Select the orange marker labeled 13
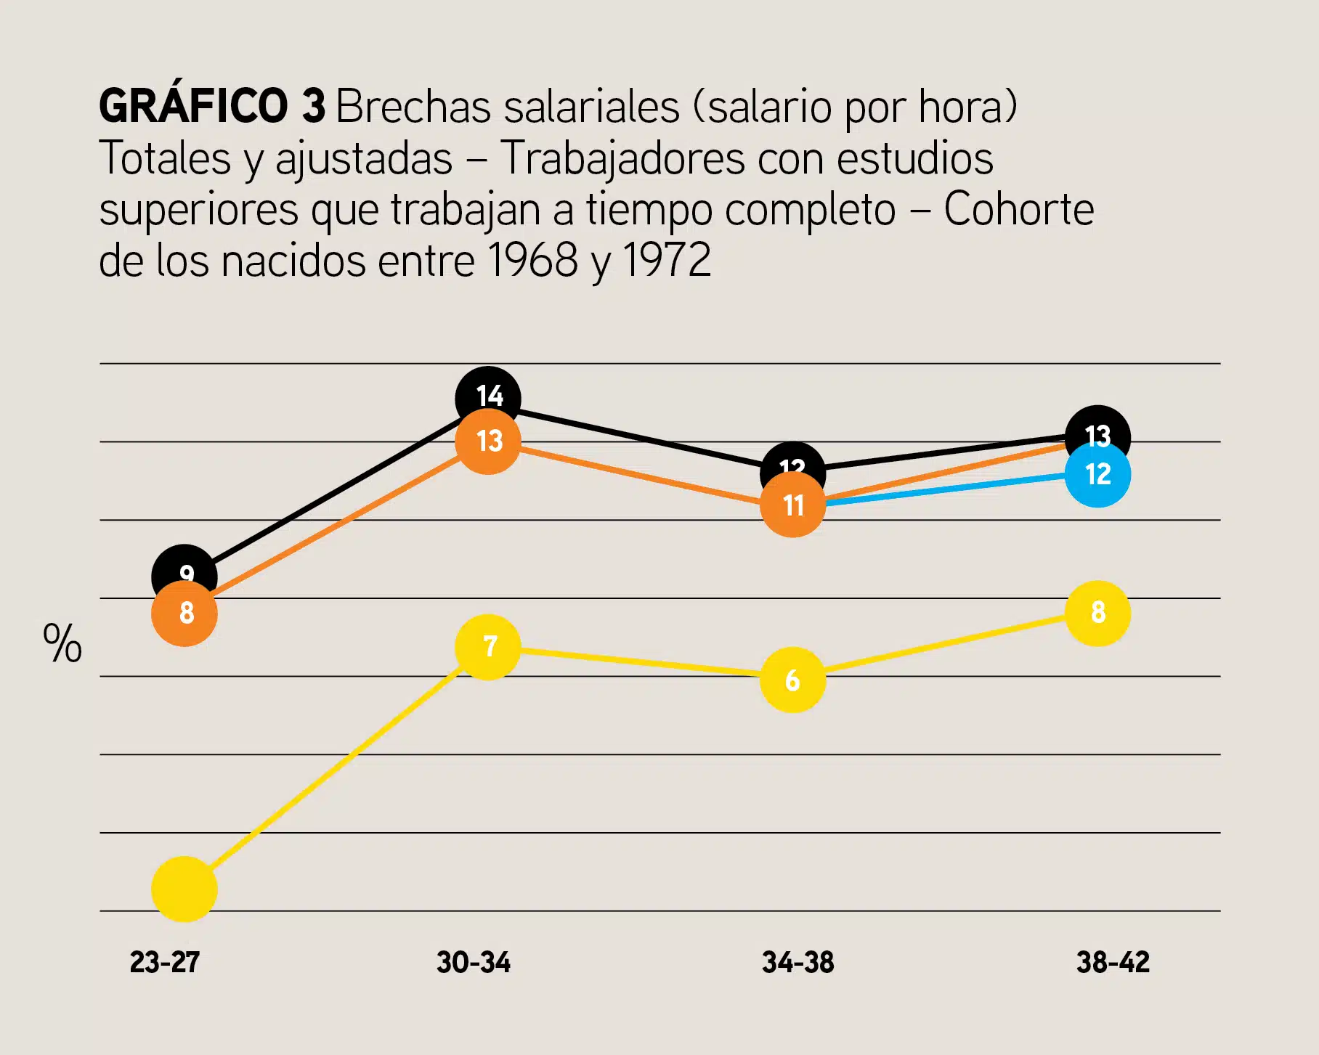488,441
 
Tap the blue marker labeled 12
1097,475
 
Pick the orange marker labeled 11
792,505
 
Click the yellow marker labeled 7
488,647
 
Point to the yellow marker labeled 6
792,680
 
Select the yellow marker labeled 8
1097,614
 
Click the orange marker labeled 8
184,614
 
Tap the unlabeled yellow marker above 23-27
184,889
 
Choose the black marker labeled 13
1097,428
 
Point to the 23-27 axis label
165,962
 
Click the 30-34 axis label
474,962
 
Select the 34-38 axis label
798,962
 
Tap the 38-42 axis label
1113,962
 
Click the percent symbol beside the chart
62,643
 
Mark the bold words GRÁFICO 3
212,106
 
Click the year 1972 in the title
667,260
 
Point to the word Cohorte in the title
1018,209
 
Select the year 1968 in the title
532,260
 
